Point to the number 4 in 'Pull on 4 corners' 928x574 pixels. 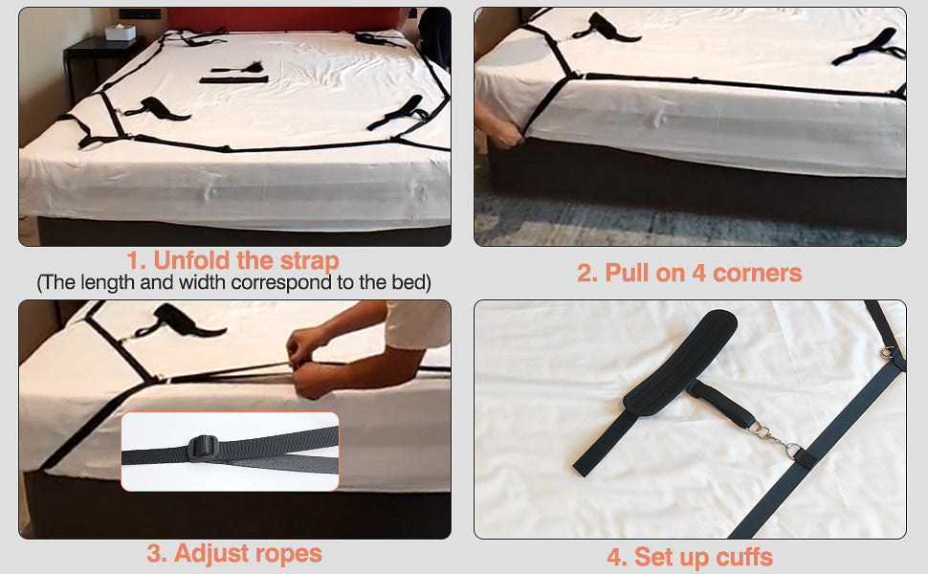[x=698, y=273]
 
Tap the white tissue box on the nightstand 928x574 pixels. [x=121, y=32]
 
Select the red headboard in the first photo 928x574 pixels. [x=283, y=19]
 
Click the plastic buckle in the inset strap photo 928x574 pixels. [x=204, y=447]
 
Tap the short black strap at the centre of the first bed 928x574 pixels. [x=233, y=79]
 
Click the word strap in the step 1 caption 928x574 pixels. [x=310, y=260]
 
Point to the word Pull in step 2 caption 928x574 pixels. [x=627, y=273]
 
